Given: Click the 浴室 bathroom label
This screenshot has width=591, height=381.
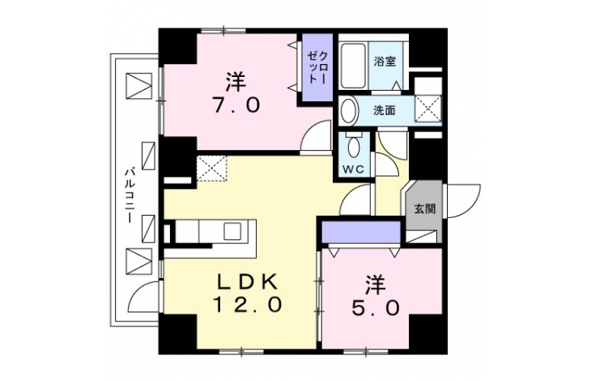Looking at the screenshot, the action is pyautogui.click(x=385, y=62).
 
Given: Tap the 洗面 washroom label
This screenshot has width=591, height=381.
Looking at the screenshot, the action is pyautogui.click(x=384, y=110).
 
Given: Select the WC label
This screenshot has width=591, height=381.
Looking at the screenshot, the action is pyautogui.click(x=353, y=169).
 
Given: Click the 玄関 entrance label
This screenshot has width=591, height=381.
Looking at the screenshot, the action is pyautogui.click(x=425, y=208).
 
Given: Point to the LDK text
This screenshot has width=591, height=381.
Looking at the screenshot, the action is pyautogui.click(x=248, y=281).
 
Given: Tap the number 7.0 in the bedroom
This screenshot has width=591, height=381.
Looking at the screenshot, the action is pyautogui.click(x=236, y=105).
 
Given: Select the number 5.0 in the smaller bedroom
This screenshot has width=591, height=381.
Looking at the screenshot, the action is pyautogui.click(x=375, y=310).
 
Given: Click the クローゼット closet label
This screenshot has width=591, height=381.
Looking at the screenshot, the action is pyautogui.click(x=317, y=67).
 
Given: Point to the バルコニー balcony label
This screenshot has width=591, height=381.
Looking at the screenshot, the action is pyautogui.click(x=130, y=195).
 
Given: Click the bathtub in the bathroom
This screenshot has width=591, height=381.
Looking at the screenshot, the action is pyautogui.click(x=353, y=66).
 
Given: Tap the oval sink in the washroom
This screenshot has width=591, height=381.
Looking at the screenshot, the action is pyautogui.click(x=349, y=111).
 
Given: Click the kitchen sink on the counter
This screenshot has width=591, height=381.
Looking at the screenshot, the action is pyautogui.click(x=232, y=231).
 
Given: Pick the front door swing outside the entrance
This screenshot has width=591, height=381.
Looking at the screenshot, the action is pyautogui.click(x=463, y=201).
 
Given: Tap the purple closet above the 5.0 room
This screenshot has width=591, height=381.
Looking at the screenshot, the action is pyautogui.click(x=361, y=232).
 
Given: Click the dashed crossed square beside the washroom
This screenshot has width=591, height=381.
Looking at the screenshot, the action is pyautogui.click(x=427, y=109).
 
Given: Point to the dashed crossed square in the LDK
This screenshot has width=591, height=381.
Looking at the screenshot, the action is pyautogui.click(x=211, y=169).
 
